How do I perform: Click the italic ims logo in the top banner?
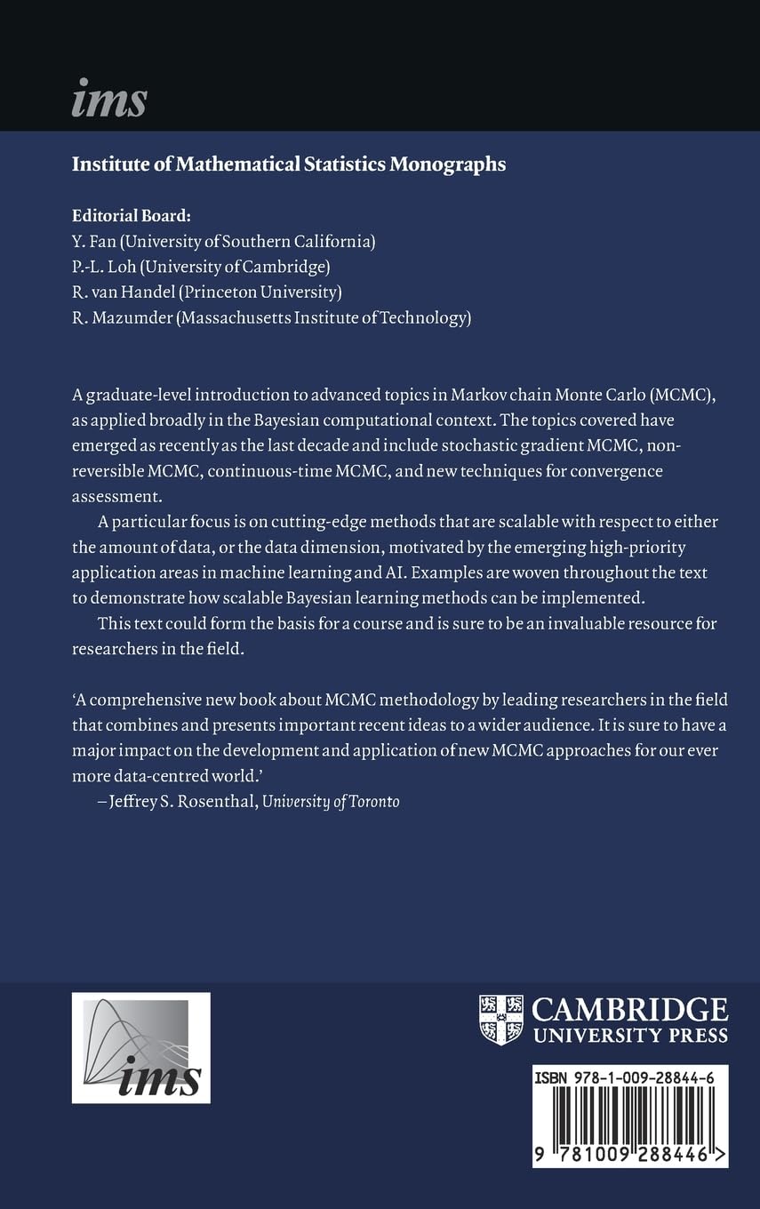click(x=108, y=98)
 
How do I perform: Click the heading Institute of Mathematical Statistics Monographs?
click(x=288, y=164)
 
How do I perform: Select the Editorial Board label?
click(x=131, y=216)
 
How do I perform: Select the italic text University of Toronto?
click(x=331, y=801)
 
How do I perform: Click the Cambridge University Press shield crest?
click(x=500, y=1020)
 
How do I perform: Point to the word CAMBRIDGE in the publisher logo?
click(x=629, y=1010)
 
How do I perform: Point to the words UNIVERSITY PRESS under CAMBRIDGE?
click(x=629, y=1035)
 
